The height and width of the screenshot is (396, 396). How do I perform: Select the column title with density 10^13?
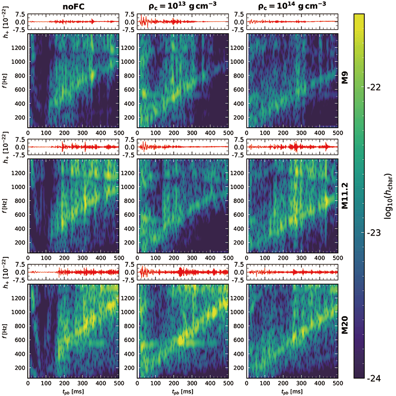182,7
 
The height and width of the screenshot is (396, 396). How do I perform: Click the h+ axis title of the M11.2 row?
5,147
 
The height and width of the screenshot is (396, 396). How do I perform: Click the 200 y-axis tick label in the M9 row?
20,117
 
